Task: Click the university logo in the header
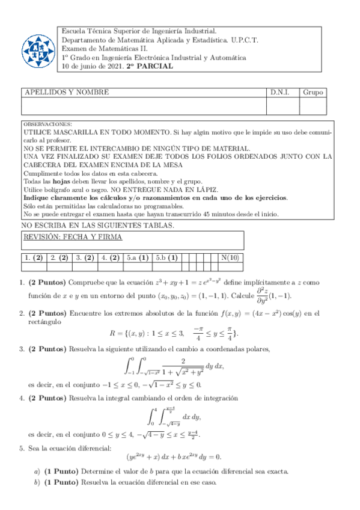pyautogui.click(x=37, y=49)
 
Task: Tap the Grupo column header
pyautogui.click(x=313, y=93)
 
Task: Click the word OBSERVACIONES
pyautogui.click(x=47, y=123)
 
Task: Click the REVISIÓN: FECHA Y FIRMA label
pyautogui.click(x=72, y=237)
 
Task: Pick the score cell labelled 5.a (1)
pyautogui.click(x=138, y=258)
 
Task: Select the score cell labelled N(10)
pyautogui.click(x=230, y=258)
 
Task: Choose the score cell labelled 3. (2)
pyautogui.click(x=85, y=258)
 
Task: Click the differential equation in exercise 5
pyautogui.click(x=174, y=456)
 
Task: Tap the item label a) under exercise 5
pyautogui.click(x=37, y=471)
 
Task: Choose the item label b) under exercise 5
pyautogui.click(x=37, y=483)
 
